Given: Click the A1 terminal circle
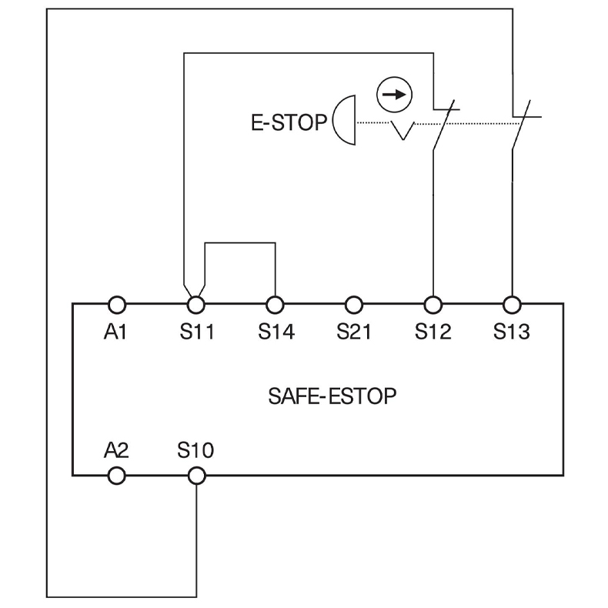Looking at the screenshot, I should pos(116,304).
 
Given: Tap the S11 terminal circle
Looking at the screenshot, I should pos(195,304).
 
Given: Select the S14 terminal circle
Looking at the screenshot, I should pos(275,304).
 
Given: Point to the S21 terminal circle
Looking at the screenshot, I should pos(353,304).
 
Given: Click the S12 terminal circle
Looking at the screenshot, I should pos(433,304).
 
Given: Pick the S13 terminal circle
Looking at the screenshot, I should pos(511,304).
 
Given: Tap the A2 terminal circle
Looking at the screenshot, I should pos(116,476).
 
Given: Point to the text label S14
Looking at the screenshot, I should pos(275,332).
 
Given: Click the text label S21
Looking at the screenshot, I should pos(353,332).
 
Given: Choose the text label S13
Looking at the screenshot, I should pos(511,332).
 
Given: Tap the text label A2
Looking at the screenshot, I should pos(116,450).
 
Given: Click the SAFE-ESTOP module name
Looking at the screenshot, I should pos(333,397).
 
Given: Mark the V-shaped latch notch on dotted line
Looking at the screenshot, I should pos(401,131).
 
